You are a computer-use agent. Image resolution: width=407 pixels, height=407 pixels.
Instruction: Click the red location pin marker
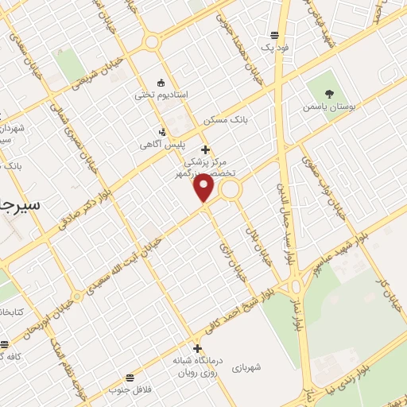[x=205, y=188]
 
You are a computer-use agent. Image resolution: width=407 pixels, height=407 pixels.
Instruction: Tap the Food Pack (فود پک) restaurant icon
[x=274, y=35]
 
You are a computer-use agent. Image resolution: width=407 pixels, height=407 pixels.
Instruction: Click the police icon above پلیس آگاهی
[x=163, y=132]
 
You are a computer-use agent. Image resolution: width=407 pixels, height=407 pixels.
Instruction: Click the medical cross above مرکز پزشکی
[x=205, y=149]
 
